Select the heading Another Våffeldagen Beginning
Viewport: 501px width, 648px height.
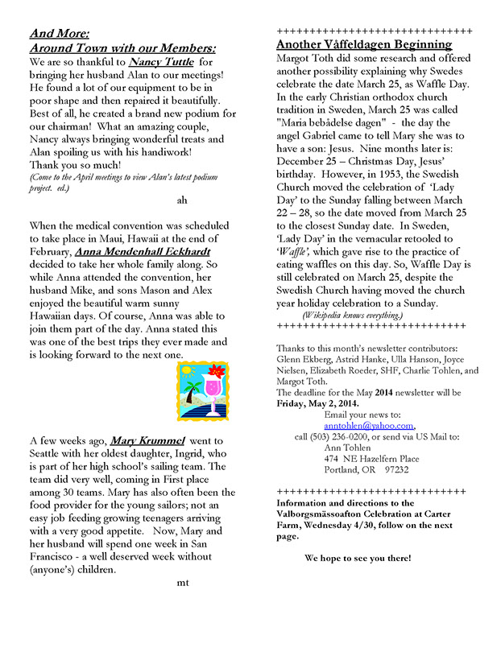coord(363,45)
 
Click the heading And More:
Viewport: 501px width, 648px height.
coord(59,33)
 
